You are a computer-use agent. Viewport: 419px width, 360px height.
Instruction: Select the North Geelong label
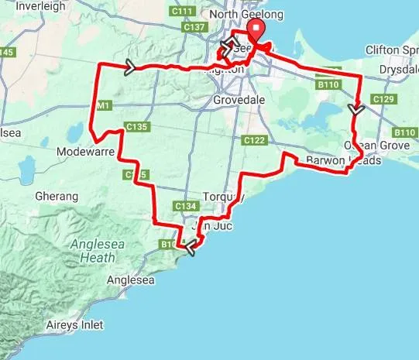(247, 15)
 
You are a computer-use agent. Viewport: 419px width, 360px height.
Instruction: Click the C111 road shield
(183, 12)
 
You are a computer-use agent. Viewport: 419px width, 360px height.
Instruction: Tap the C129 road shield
(383, 100)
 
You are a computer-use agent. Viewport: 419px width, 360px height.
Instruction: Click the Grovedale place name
(241, 100)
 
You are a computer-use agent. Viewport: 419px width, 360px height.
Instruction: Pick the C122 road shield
(254, 140)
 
